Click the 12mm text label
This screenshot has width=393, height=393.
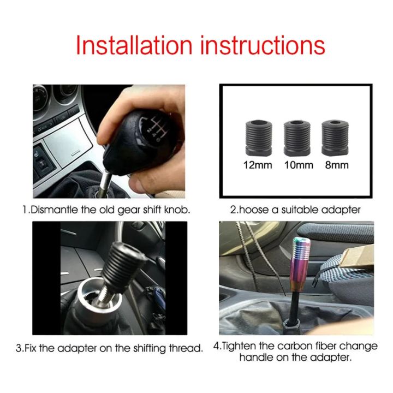point(257,164)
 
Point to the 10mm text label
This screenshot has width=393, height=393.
point(298,164)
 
